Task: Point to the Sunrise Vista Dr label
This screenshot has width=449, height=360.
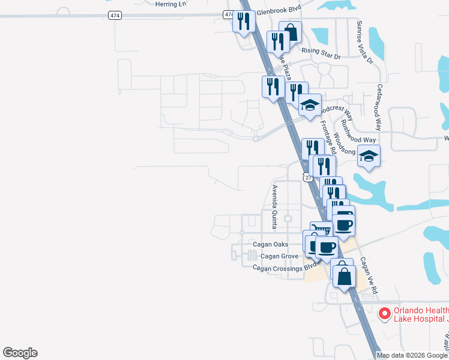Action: point(364,43)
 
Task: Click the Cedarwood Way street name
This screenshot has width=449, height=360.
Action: point(379,107)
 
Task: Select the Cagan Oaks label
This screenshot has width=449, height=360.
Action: point(270,244)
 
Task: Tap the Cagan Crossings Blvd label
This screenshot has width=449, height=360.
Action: point(284,268)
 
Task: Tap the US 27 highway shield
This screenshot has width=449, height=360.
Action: point(307,178)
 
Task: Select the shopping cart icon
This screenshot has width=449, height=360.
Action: point(321,230)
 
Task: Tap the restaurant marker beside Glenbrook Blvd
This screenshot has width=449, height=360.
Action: point(244,22)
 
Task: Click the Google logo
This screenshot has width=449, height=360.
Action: point(20,353)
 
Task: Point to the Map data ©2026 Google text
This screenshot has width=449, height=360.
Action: point(412,355)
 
